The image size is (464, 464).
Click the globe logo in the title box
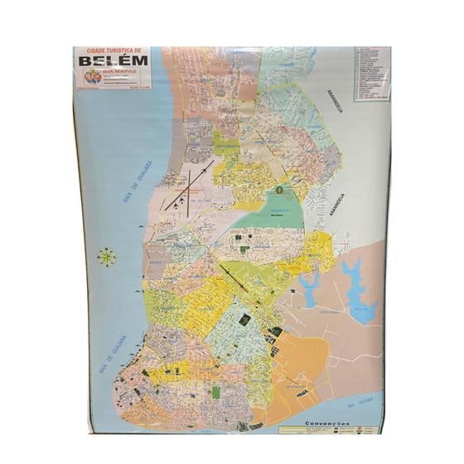click(91, 76)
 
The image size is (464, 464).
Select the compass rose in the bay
click(107, 257)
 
